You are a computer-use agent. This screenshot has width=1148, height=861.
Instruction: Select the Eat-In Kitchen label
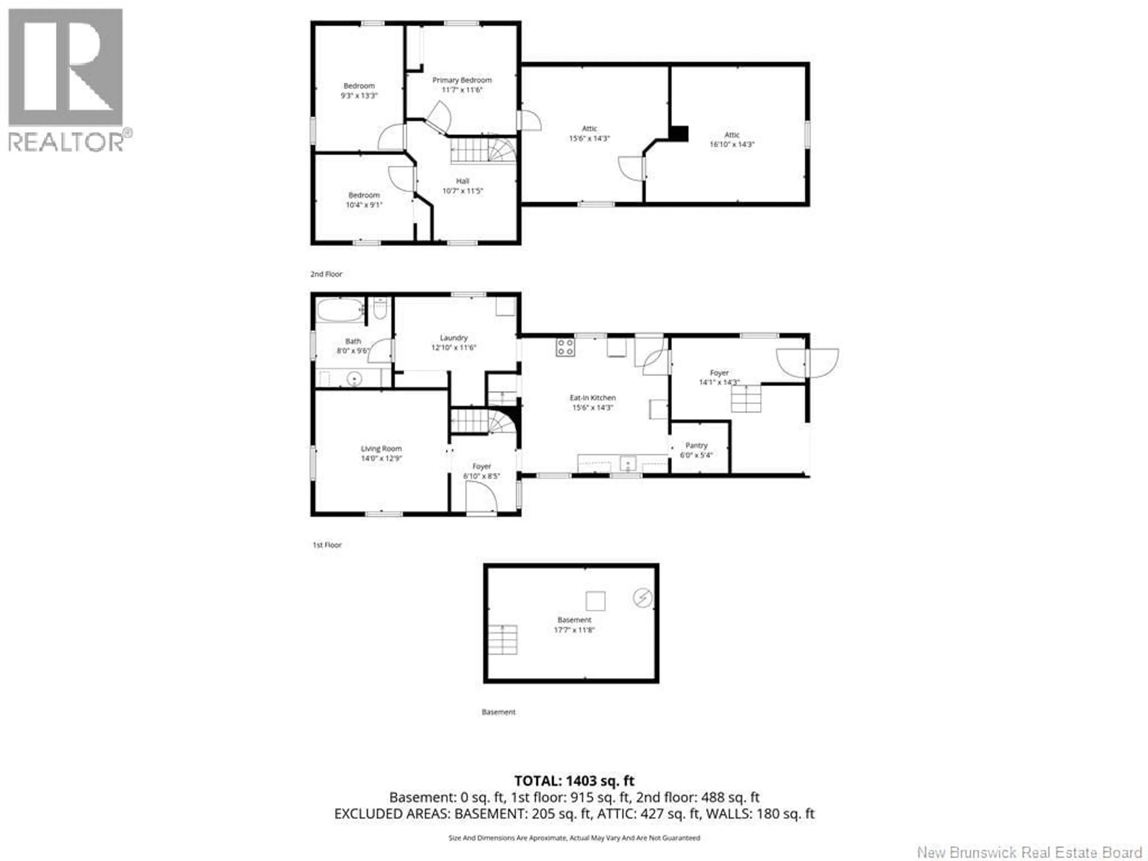coord(592,398)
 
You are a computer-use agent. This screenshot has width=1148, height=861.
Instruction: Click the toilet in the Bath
coord(380,309)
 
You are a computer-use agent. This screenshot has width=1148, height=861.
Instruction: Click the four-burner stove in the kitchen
coord(565,347)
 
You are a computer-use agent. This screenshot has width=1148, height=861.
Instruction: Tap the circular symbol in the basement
coord(642,598)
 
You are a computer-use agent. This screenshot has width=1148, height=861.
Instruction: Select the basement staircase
coord(502,639)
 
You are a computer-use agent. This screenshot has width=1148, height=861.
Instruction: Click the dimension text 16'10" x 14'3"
coord(732,144)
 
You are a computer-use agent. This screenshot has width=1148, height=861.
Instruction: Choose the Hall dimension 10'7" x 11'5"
coord(462,191)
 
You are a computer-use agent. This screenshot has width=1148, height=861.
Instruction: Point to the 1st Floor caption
coord(327,545)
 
